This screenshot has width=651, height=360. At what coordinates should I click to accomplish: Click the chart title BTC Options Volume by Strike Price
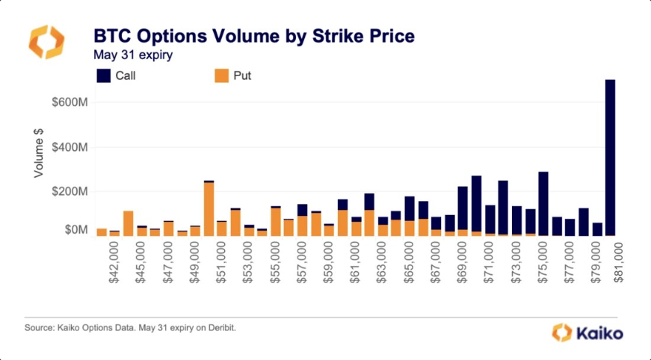click(253, 36)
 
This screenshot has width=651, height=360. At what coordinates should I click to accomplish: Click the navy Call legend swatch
click(103, 75)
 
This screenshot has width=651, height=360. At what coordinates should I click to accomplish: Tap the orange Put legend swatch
click(221, 75)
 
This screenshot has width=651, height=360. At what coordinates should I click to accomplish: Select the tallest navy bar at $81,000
click(610, 157)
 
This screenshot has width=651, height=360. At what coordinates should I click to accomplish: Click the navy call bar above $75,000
click(543, 203)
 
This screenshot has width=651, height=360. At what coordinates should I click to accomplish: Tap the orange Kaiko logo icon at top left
click(47, 42)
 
